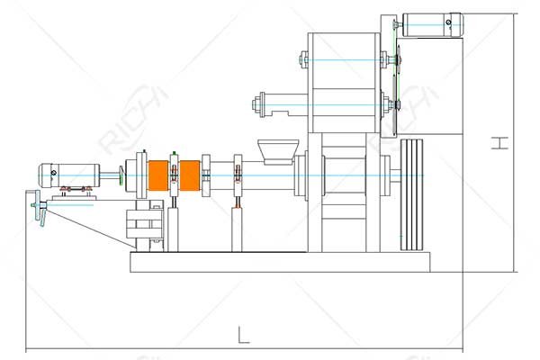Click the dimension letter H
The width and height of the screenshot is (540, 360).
tap(499, 143)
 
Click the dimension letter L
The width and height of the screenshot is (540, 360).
tap(244, 335)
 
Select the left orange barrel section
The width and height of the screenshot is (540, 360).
tap(158, 175)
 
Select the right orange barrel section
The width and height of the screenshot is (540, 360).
tap(189, 175)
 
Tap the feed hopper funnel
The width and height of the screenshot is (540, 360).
tap(278, 151)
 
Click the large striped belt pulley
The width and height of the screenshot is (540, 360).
tap(412, 194)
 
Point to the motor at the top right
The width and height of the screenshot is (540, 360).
tap(433, 24)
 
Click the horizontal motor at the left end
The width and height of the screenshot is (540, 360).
tap(69, 175)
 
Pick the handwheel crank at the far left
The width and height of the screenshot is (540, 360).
tap(40, 209)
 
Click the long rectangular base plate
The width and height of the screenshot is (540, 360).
tap(280, 262)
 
